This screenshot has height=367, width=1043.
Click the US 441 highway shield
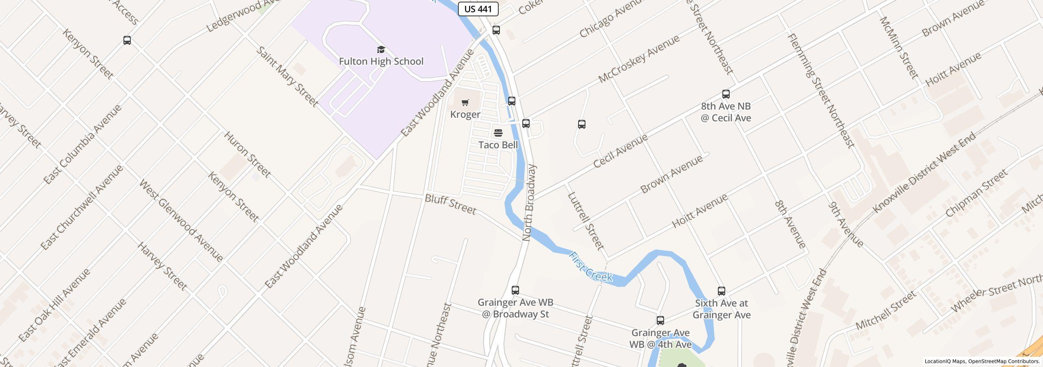[478, 9]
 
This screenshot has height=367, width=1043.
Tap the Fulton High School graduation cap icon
[381, 50]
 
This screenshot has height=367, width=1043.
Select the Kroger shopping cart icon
[465, 102]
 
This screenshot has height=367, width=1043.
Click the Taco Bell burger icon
[498, 133]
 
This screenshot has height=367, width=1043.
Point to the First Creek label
[590, 267]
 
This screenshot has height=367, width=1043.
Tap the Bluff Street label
[450, 204]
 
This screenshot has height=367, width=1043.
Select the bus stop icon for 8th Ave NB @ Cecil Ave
[726, 94]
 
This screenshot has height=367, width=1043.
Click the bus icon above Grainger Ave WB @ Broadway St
[515, 290]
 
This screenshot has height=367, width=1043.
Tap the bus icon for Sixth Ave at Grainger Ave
[722, 291]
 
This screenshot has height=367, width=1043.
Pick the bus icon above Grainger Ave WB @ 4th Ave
[660, 321]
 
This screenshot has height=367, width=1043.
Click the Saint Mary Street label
[287, 77]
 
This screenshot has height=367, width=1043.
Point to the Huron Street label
[247, 155]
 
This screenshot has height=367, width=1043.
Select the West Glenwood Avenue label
[181, 220]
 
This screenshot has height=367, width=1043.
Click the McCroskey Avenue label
[639, 59]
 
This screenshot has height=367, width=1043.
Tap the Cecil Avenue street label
[620, 151]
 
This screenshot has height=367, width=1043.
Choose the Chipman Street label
[976, 193]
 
